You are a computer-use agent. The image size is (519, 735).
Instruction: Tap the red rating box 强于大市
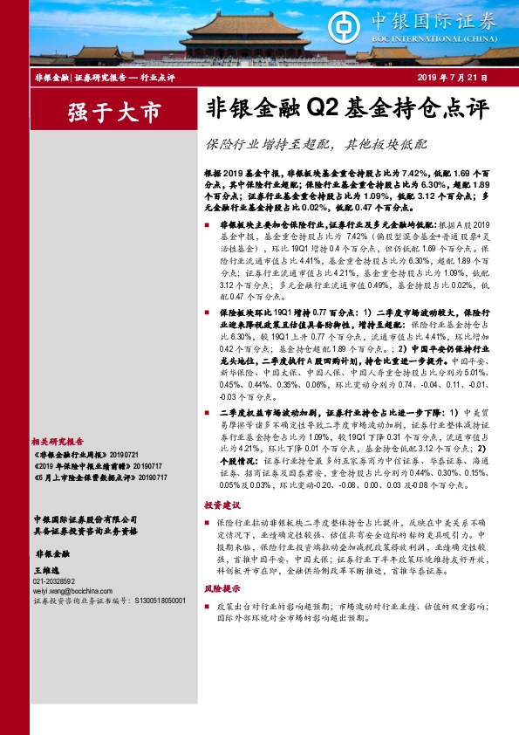[x=113, y=113]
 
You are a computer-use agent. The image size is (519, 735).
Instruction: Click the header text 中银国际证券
[x=433, y=20]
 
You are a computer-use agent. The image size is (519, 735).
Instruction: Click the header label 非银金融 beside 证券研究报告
[x=51, y=79]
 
